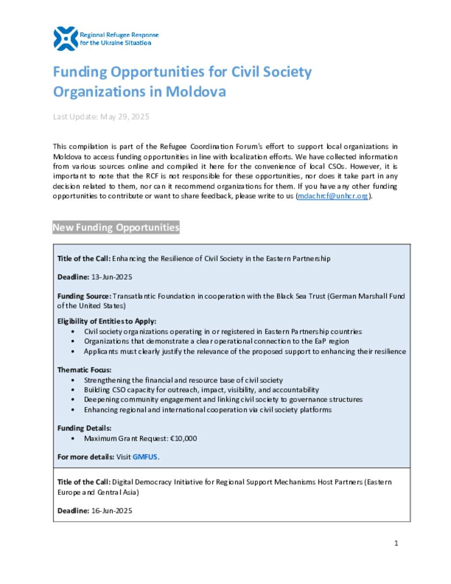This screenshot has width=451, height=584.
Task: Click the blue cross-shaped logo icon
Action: tap(65, 39)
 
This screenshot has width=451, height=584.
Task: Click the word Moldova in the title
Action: tap(196, 92)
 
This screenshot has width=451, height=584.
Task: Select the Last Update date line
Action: tap(101, 117)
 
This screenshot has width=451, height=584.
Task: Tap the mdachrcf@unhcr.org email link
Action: tap(333, 196)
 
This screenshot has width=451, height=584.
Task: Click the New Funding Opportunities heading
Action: tap(116, 227)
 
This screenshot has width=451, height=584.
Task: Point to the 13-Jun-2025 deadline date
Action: tap(111, 277)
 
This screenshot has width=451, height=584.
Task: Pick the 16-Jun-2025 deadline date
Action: tap(111, 511)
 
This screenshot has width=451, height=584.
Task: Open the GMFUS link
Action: tap(144, 457)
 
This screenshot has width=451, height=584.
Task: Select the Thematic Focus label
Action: tap(84, 370)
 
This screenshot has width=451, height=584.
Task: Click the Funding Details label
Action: tap(84, 428)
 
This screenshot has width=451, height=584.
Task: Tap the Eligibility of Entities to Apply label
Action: tap(107, 321)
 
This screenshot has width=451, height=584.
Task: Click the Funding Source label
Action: tap(84, 296)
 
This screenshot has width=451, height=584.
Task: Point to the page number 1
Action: tap(396, 543)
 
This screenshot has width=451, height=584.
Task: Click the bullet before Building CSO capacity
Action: tap(73, 390)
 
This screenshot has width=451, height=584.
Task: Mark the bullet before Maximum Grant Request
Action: tap(73, 439)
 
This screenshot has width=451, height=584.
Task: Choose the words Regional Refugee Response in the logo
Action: tap(119, 35)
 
